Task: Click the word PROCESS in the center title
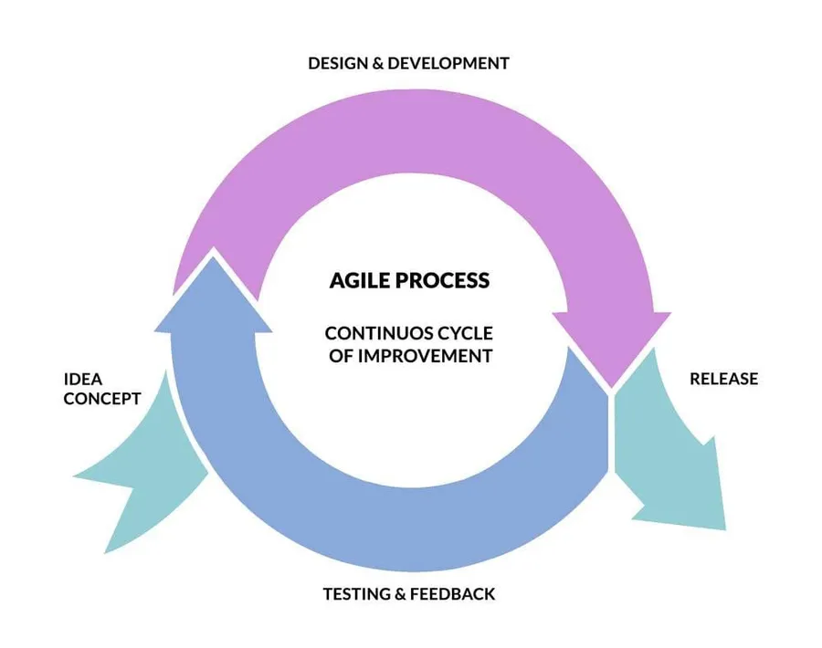[x=447, y=280]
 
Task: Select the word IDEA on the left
[x=82, y=379]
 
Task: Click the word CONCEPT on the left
[x=102, y=399]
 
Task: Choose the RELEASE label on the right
[x=723, y=379]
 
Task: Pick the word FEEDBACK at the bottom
[x=452, y=594]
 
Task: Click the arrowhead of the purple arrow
[x=610, y=342]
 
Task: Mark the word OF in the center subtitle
[x=340, y=356]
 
